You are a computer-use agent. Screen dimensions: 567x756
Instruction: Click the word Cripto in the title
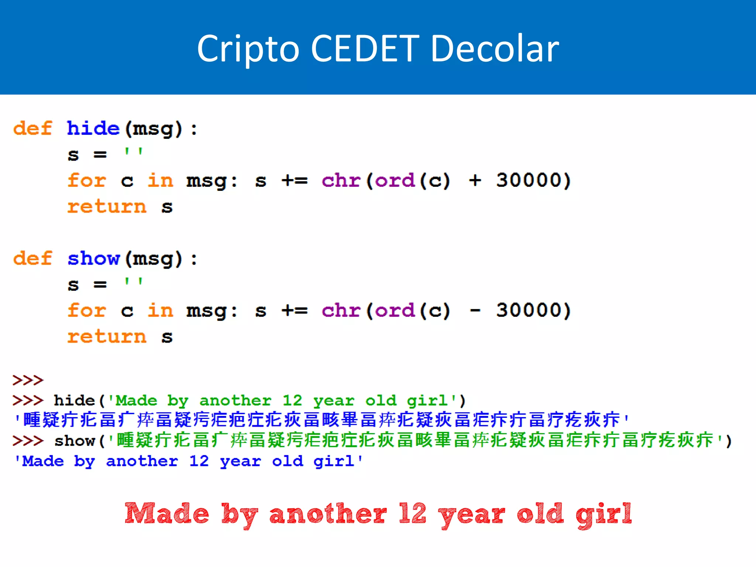(248, 49)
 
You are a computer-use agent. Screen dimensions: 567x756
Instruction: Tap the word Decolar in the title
(495, 49)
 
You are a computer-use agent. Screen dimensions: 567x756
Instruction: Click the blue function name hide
(93, 128)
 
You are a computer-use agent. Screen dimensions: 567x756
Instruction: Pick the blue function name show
(94, 258)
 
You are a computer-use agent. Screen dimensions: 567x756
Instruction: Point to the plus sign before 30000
(475, 181)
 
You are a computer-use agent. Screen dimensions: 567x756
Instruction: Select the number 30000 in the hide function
(529, 180)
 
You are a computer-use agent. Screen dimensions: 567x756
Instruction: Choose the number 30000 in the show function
(529, 310)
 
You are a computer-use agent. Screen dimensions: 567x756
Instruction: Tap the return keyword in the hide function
(107, 206)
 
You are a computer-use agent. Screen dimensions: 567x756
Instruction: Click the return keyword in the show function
(107, 337)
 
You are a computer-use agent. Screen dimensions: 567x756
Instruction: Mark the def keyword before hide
(32, 128)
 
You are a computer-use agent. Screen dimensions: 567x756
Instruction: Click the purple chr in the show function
(341, 310)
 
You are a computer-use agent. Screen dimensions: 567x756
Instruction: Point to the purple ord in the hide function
(395, 181)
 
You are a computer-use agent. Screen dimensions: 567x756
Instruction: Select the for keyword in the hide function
(87, 181)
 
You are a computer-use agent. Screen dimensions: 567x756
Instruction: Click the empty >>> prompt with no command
(28, 380)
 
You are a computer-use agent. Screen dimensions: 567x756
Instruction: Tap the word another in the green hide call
(235, 401)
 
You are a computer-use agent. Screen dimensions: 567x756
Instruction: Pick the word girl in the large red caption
(603, 514)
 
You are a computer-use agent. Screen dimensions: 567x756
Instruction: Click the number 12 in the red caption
(413, 513)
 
